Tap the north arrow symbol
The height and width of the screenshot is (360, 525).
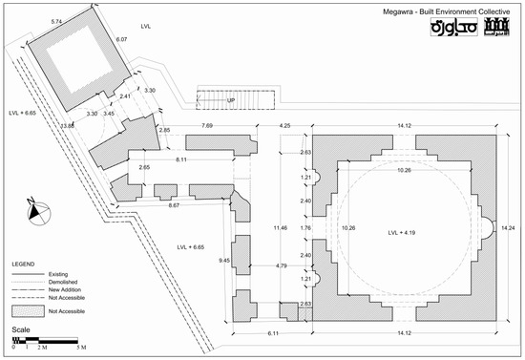[x=34, y=209]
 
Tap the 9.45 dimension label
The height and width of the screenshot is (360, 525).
[x=225, y=260]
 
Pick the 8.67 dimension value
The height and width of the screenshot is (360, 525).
[x=174, y=205]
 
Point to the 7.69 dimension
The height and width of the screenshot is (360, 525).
[x=207, y=125]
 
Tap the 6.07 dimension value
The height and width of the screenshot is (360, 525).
[x=121, y=40]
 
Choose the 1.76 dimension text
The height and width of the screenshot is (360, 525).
[x=306, y=229]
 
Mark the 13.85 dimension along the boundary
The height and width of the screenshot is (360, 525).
[x=68, y=125]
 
